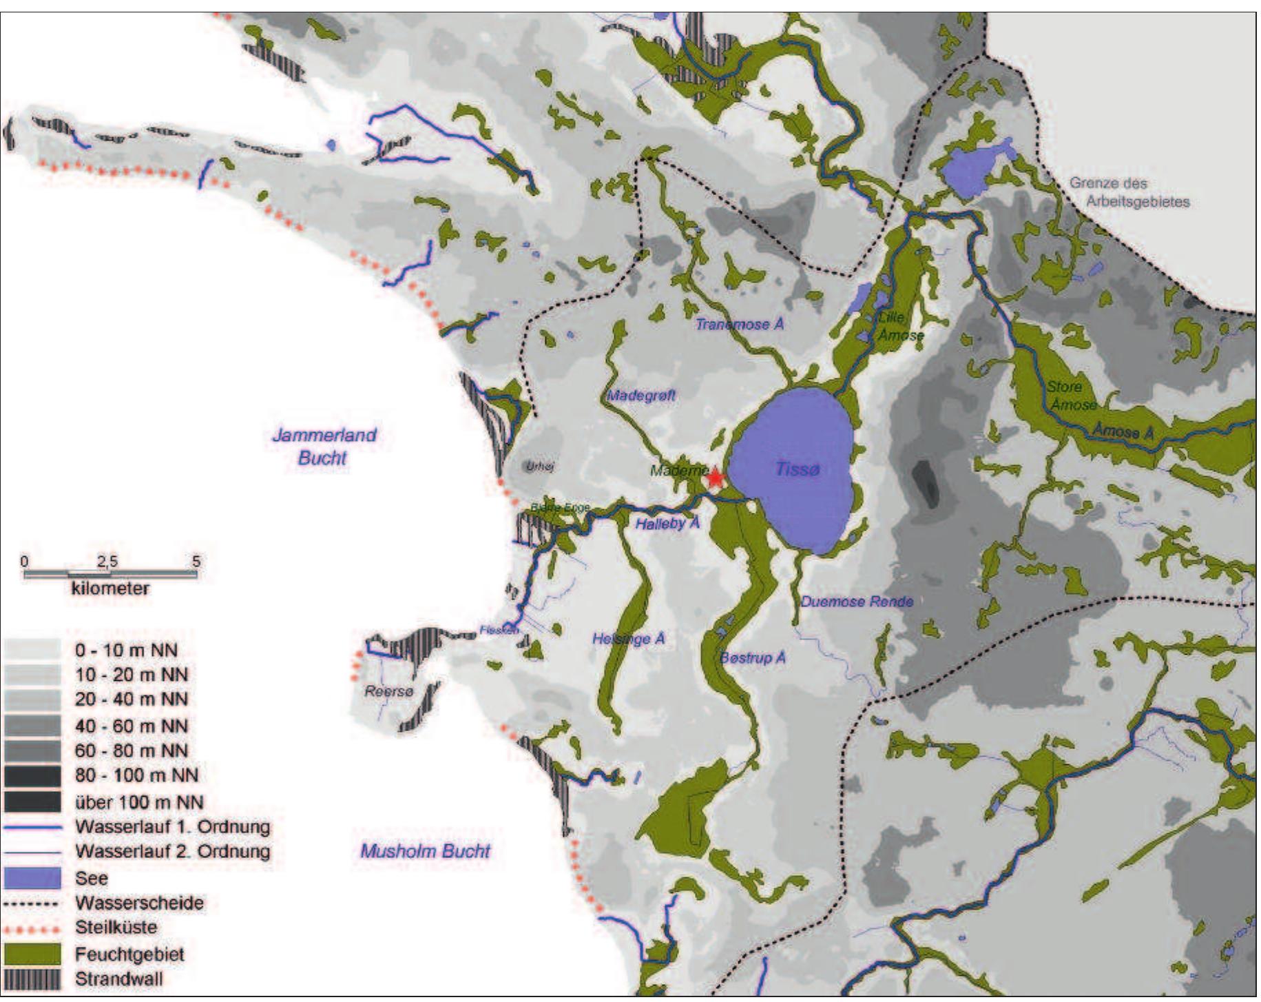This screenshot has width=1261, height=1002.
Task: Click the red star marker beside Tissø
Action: point(715,478)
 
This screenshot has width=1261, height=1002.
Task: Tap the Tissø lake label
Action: point(798,469)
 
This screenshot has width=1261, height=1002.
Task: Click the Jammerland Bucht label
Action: point(324,446)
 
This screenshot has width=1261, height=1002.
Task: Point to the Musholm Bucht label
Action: point(425,851)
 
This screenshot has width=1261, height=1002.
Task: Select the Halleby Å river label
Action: point(667,524)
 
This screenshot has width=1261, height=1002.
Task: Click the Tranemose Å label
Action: point(739,324)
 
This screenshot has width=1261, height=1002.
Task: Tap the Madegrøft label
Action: point(640,396)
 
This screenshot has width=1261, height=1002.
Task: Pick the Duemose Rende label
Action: point(856,601)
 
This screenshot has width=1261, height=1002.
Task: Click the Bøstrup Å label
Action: point(752,657)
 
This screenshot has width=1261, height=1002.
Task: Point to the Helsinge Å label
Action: point(628,639)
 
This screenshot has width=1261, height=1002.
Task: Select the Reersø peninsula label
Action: point(388,691)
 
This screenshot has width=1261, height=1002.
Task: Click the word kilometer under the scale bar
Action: point(110,589)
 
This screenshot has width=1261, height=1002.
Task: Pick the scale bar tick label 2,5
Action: point(107,562)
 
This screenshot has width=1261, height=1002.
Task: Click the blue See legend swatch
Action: point(32,877)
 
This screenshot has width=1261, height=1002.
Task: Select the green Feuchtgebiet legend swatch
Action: point(32,954)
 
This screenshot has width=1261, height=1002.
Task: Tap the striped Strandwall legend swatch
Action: point(32,979)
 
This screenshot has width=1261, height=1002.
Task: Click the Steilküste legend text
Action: point(116,928)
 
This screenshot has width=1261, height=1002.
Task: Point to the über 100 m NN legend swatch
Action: point(32,801)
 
